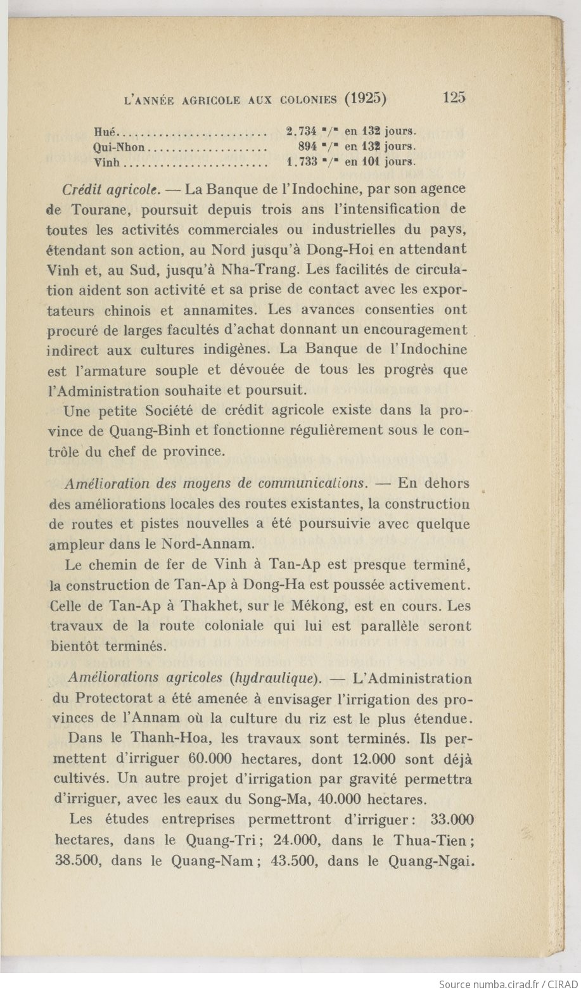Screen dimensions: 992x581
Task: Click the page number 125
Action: [x=455, y=98]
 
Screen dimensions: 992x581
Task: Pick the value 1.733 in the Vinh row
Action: [x=301, y=162]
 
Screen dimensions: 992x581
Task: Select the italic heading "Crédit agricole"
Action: [x=111, y=189]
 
